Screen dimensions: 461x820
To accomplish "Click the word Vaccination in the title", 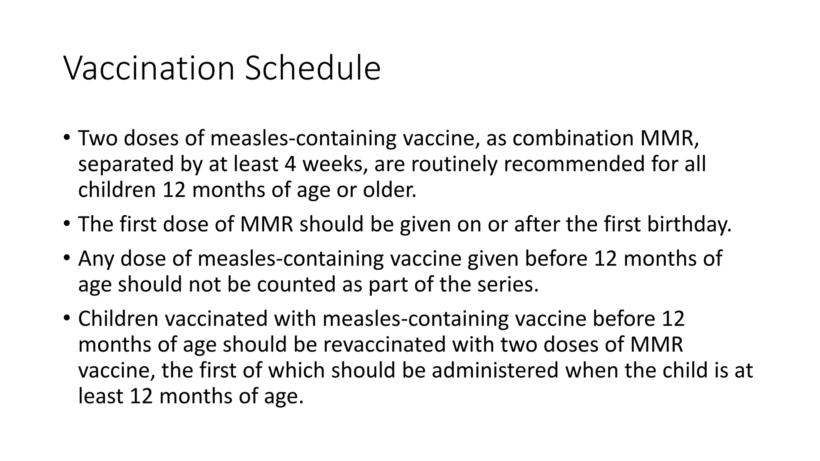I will (x=149, y=68).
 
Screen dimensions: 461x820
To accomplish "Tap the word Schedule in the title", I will (x=312, y=68).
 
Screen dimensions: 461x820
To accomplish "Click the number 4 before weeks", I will (x=290, y=164).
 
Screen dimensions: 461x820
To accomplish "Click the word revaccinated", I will (x=385, y=345).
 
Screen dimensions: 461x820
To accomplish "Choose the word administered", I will (x=495, y=370).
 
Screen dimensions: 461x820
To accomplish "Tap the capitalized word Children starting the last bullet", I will (x=119, y=319).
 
